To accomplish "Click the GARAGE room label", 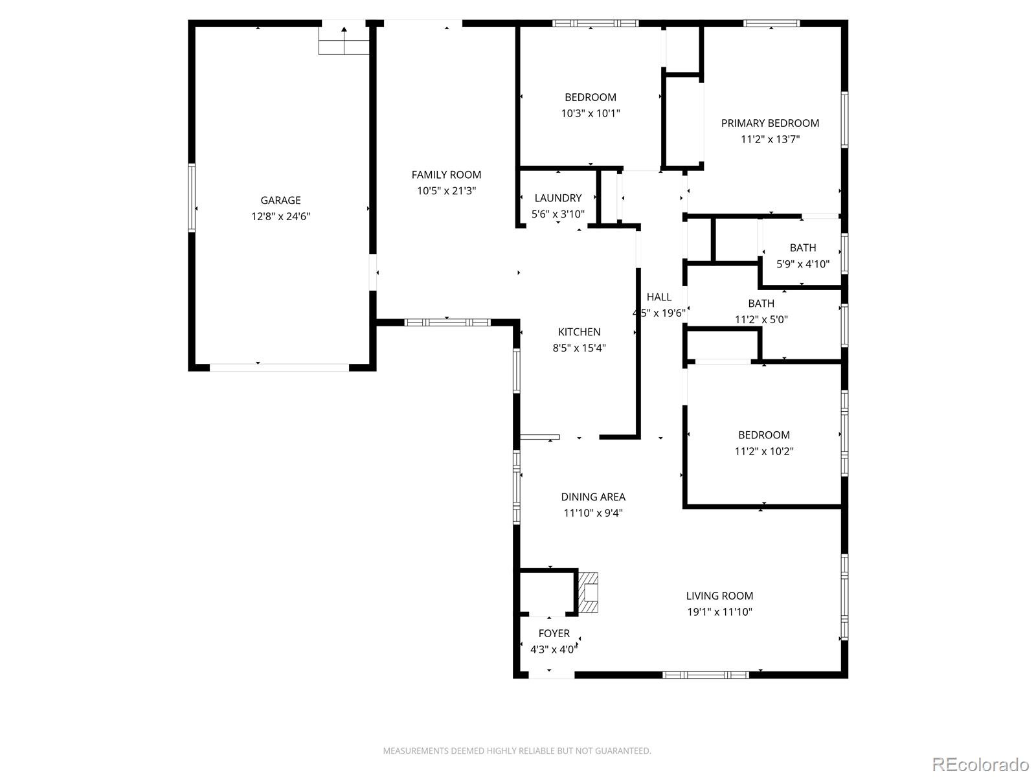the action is click(280, 201).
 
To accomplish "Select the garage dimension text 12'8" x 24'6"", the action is click(280, 216).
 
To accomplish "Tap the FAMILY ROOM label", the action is click(446, 175).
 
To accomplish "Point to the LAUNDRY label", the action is click(558, 198).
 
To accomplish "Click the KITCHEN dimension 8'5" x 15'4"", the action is click(579, 348).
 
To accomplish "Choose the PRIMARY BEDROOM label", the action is click(770, 123).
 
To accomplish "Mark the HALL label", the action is click(659, 297).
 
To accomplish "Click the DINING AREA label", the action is click(593, 497).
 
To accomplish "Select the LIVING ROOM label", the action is click(719, 596).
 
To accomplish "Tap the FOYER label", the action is click(554, 634).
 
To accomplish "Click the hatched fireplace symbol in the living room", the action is click(589, 592).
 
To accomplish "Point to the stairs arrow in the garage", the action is click(344, 41).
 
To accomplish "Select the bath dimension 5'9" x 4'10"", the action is click(803, 264).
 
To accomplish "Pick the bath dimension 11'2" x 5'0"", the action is click(761, 320).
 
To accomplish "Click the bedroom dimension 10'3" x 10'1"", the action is click(590, 113).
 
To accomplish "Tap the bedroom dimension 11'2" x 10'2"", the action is click(763, 451).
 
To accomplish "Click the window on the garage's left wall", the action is click(192, 197).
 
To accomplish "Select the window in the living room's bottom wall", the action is click(706, 675).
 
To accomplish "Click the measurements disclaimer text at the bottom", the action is click(517, 750).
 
